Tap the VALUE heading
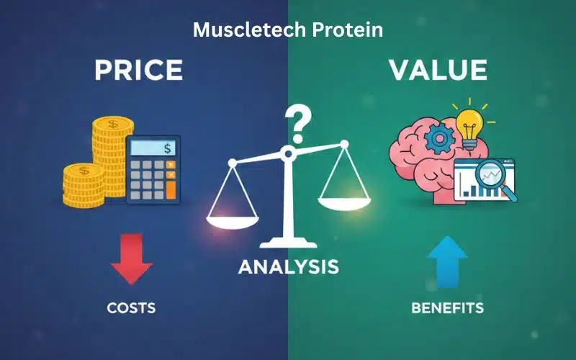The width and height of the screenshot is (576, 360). point(438,71)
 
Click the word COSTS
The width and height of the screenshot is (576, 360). point(131,308)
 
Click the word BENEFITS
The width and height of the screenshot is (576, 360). point(447,308)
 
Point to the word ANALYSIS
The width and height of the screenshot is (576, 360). point(288,267)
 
